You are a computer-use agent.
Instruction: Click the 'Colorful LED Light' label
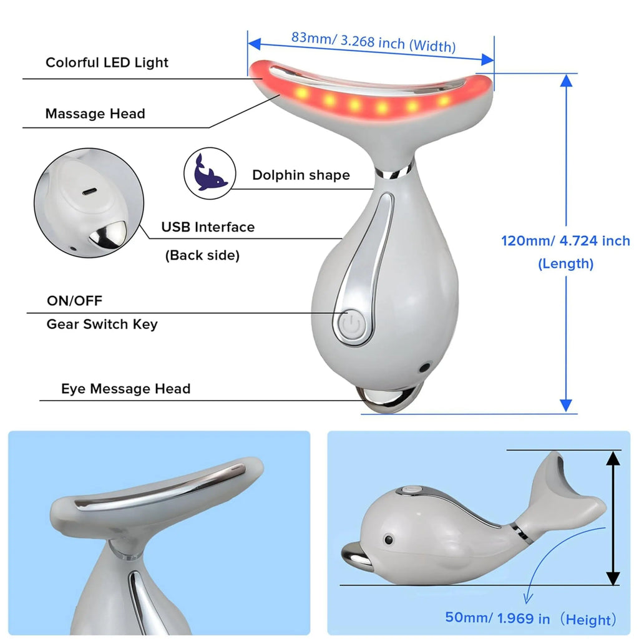click(x=107, y=62)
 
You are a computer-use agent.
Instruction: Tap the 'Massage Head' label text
click(x=95, y=114)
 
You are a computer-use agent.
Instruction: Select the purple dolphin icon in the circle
click(x=210, y=173)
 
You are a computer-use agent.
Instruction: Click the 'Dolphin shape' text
click(x=301, y=175)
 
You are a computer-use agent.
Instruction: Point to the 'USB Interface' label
click(x=208, y=227)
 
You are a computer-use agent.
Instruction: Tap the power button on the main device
click(x=351, y=324)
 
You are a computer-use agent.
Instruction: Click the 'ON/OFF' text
click(x=74, y=301)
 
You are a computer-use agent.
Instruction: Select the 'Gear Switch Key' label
click(x=102, y=324)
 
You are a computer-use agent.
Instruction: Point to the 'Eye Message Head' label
click(x=125, y=389)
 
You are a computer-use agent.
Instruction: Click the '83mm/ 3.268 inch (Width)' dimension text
click(x=373, y=41)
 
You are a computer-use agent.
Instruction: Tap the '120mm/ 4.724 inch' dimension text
click(x=565, y=241)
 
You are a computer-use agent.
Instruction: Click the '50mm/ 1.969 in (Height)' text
click(x=530, y=618)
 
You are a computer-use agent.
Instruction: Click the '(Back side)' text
click(x=202, y=255)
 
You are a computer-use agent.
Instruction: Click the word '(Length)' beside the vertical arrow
click(x=565, y=264)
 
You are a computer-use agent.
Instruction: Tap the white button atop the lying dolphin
click(x=410, y=490)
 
